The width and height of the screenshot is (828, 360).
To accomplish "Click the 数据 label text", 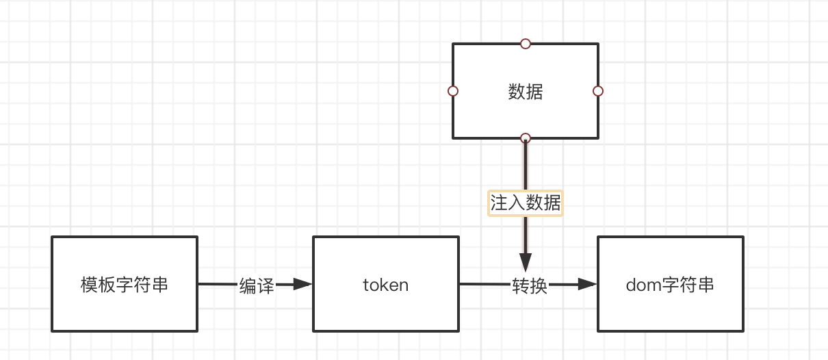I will tap(525, 92).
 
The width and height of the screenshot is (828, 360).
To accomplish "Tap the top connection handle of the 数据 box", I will tap(526, 44).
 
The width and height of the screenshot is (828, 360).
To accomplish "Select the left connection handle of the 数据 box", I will tap(452, 91).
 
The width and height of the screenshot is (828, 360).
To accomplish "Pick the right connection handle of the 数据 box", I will tap(597, 91).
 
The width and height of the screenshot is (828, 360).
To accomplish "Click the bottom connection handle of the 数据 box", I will tap(526, 138).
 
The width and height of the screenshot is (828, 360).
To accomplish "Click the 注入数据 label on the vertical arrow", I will tap(525, 203).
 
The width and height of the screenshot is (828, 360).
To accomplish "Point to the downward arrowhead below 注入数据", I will tap(526, 262).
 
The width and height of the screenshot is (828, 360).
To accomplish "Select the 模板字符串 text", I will tap(124, 285).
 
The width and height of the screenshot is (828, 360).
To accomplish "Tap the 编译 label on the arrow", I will tap(257, 286).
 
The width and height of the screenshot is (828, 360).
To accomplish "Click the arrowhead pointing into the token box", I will tap(302, 284).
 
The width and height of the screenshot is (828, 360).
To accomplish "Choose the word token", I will tap(385, 285).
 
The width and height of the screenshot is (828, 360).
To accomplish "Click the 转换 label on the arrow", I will tap(530, 286).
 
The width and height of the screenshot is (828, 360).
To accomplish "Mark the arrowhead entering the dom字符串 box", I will tap(587, 284).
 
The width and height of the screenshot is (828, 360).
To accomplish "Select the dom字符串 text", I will tap(670, 285).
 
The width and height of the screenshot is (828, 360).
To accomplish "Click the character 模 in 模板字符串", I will tap(89, 285).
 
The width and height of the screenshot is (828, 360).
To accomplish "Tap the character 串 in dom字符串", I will tap(706, 285).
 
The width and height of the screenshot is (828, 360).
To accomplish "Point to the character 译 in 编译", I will tap(266, 286).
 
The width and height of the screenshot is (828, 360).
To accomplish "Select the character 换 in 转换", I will tap(539, 286).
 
